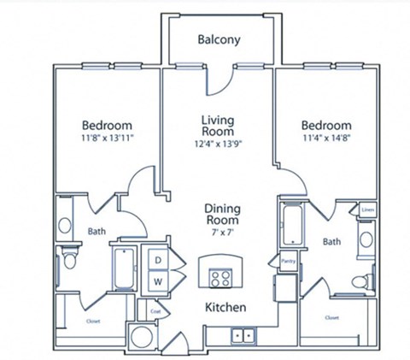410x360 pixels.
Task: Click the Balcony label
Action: pos(219,39)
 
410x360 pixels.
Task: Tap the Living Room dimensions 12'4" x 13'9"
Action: pos(218,145)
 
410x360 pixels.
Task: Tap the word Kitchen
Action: pos(225,307)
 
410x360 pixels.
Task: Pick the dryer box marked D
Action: pos(159,259)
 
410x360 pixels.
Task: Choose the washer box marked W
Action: pos(159,280)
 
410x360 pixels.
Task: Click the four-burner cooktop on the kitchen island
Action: pos(219,276)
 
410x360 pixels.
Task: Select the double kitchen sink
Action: pos(243,335)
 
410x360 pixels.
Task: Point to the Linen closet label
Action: pos(367,209)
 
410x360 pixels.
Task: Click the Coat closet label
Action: pos(155,311)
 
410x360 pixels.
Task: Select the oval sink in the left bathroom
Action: pos(65,227)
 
